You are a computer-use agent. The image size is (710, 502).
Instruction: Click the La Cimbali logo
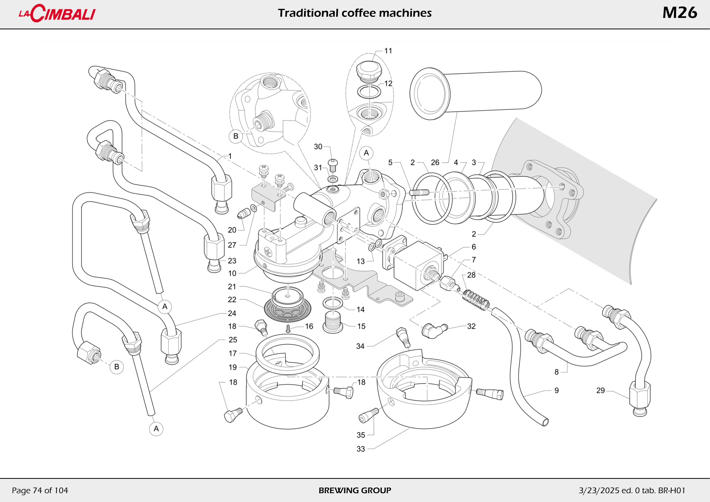pyautogui.click(x=57, y=13)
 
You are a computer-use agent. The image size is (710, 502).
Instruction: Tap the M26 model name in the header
pyautogui.click(x=679, y=13)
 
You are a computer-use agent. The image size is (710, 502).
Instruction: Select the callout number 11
pyautogui.click(x=388, y=51)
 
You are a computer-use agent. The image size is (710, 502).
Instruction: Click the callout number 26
pyautogui.click(x=435, y=163)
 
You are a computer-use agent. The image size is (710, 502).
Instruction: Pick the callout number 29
pyautogui.click(x=600, y=391)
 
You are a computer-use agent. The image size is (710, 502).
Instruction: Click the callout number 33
pyautogui.click(x=361, y=449)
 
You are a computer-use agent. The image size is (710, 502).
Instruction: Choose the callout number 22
pyautogui.click(x=232, y=300)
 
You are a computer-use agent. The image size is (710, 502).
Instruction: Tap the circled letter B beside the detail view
pyautogui.click(x=236, y=136)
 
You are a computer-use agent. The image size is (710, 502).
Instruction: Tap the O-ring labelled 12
pyautogui.click(x=369, y=91)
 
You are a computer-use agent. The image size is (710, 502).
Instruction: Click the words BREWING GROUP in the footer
pyautogui.click(x=355, y=490)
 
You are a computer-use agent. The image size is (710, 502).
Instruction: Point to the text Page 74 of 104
pyautogui.click(x=40, y=490)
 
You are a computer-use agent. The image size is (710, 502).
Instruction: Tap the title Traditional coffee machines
pyautogui.click(x=355, y=13)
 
